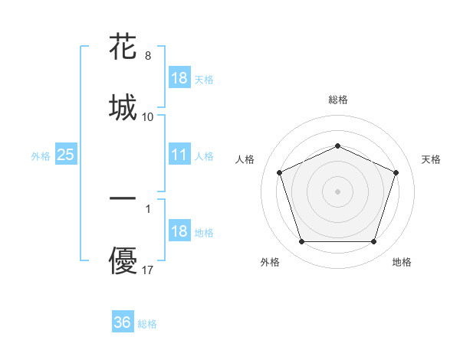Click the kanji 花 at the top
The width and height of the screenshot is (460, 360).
click(x=123, y=47)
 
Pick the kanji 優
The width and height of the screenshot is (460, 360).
click(x=123, y=261)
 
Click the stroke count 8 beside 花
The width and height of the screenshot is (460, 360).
click(x=148, y=56)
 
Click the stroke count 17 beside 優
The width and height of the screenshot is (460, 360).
click(x=148, y=270)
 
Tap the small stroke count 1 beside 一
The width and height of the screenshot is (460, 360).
click(x=148, y=208)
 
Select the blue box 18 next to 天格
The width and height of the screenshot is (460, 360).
click(x=179, y=78)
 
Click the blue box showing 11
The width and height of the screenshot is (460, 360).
click(x=179, y=155)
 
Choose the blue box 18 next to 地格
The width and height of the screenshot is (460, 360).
click(x=179, y=231)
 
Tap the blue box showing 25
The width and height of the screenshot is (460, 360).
click(x=66, y=155)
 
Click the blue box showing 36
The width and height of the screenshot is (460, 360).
click(x=123, y=322)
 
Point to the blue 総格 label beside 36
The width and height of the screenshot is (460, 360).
click(x=147, y=324)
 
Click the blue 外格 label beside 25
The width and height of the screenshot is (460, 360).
click(x=41, y=156)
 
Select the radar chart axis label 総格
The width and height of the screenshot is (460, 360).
click(x=337, y=100)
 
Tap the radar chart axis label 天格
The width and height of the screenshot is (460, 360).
click(x=431, y=159)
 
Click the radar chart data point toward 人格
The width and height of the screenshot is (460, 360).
click(x=279, y=172)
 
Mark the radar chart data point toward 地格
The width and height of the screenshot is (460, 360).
click(x=373, y=242)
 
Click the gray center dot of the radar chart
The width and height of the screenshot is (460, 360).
click(x=337, y=191)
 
